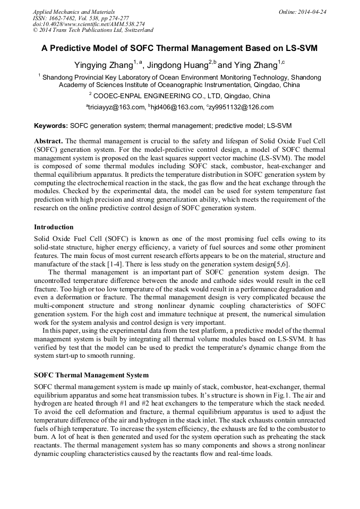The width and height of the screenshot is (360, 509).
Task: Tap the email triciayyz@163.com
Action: [x=115, y=107]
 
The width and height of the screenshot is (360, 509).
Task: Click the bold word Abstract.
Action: [x=48, y=141]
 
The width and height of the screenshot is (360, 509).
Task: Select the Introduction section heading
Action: [x=54, y=227]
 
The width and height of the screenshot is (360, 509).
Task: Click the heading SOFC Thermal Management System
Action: [x=91, y=375]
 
